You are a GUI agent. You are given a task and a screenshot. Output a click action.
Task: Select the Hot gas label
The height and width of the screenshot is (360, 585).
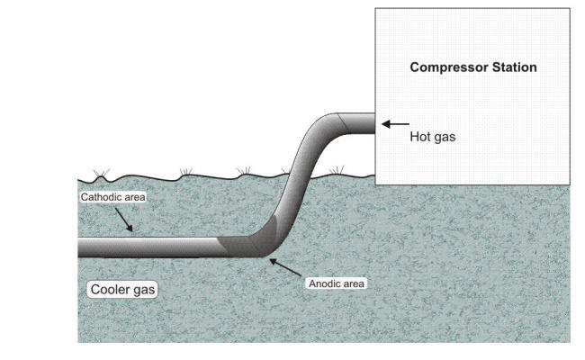tap(429, 138)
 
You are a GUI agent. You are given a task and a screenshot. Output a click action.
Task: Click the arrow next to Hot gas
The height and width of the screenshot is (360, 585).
tap(395, 123)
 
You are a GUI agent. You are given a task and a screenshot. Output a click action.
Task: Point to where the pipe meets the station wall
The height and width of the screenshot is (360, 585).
tap(373, 123)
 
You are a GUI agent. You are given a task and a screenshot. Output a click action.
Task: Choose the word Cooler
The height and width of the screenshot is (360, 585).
tap(108, 290)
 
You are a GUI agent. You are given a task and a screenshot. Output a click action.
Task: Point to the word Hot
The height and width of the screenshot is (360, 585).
tap(419, 138)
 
